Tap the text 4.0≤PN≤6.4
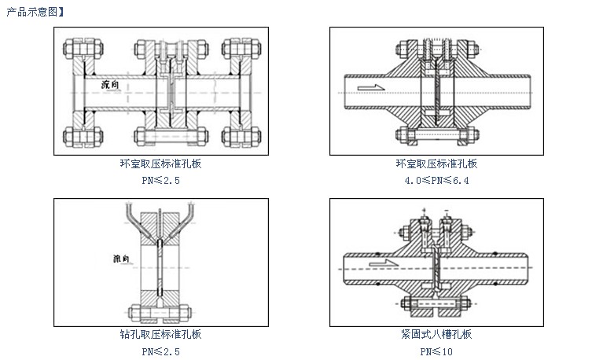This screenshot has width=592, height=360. (x=436, y=179)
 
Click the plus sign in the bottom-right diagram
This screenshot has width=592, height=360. (x=425, y=210)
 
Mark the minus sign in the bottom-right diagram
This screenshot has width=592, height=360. (x=447, y=210)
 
